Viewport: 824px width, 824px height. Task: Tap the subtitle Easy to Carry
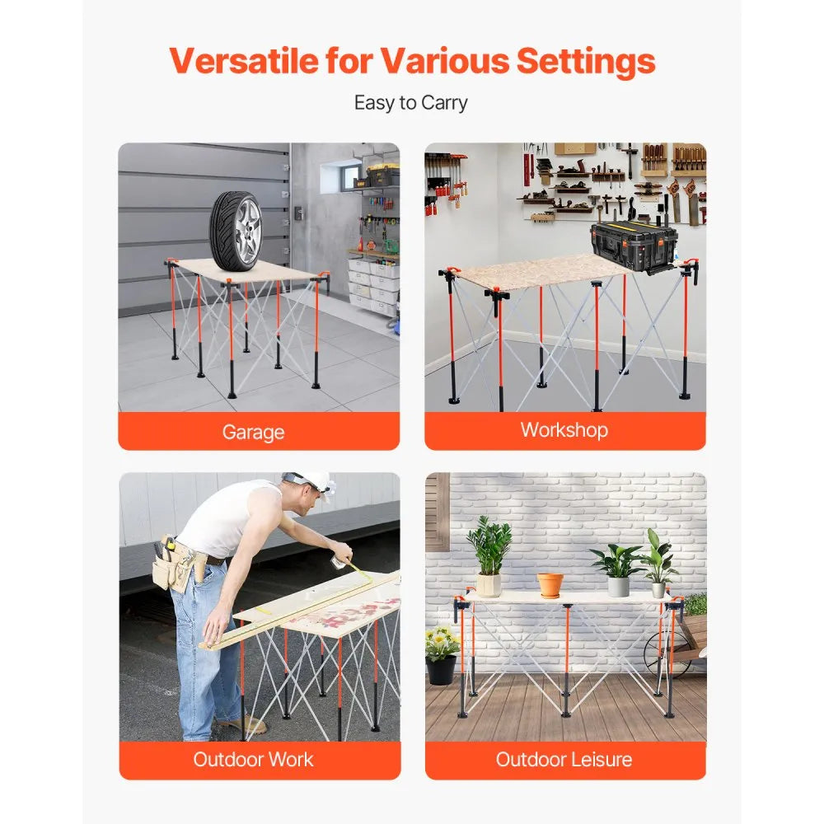coord(410,103)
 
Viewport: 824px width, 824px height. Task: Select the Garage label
coord(253,432)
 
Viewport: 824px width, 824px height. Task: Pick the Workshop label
coord(564,429)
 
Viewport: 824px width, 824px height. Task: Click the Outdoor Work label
coord(253,759)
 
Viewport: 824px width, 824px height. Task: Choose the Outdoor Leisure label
coord(564,759)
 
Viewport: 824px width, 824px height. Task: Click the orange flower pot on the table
coord(550,584)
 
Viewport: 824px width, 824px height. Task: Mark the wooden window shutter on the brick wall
coord(437,512)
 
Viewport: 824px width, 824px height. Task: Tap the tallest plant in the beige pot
coord(489,545)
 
